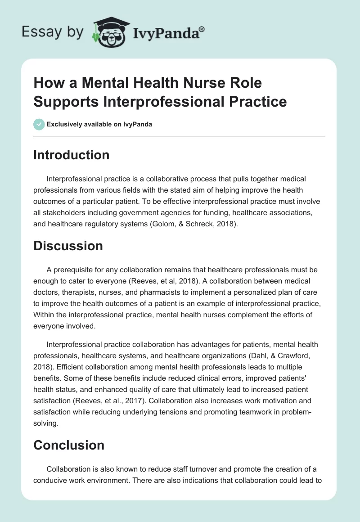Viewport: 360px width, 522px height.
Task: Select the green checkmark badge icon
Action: coord(39,124)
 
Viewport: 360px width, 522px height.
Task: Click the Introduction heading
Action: coord(71,155)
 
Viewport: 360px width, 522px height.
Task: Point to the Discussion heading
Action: coord(68,246)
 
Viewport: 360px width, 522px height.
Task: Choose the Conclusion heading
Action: coord(69,445)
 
